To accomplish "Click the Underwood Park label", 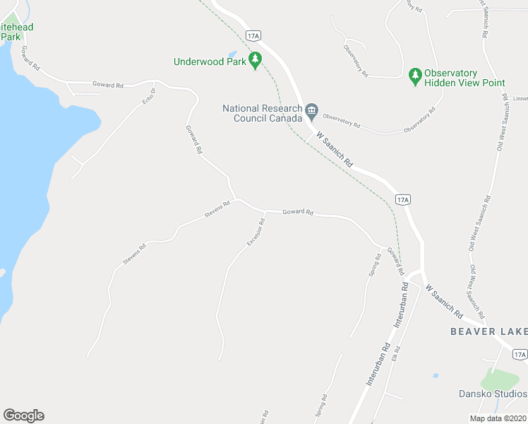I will coord(210,61).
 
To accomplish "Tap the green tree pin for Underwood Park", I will coord(256,61).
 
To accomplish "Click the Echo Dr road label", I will coord(148,96).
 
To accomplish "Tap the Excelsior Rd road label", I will coord(256,232).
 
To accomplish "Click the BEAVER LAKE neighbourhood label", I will coord(489,331).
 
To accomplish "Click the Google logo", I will coord(23,416).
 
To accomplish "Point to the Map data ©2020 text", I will coord(498,418).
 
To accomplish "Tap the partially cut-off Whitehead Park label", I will coord(16,32).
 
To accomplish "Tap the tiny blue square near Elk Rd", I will coord(436,375).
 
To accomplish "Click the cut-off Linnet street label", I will coord(520,100).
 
